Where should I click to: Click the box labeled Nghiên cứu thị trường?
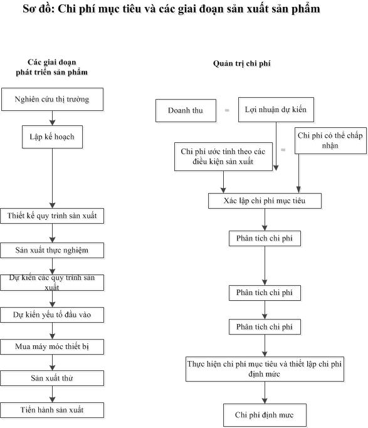coord(52,100)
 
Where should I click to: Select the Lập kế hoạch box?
coord(52,137)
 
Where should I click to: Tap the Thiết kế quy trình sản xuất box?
coord(52,216)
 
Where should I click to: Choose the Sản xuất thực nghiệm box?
coord(52,250)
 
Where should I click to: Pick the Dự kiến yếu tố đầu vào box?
coord(52,315)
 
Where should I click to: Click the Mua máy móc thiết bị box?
coord(52,347)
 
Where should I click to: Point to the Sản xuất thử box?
coord(52,378)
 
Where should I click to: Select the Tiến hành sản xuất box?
coord(52,410)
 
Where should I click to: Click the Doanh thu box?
coord(186,110)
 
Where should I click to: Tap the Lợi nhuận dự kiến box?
coord(276,110)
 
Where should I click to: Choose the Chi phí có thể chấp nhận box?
coord(330,140)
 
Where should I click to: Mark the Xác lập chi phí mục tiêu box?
coord(265,201)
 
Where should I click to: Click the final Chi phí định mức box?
coord(265,415)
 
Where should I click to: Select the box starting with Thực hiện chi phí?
coord(265,369)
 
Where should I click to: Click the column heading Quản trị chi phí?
coord(242,63)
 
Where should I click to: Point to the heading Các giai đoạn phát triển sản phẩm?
coord(52,67)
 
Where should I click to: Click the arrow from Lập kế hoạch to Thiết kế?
coord(53,178)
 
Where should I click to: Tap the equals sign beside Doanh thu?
coord(227,110)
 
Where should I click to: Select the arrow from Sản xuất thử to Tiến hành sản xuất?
coord(53,394)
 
